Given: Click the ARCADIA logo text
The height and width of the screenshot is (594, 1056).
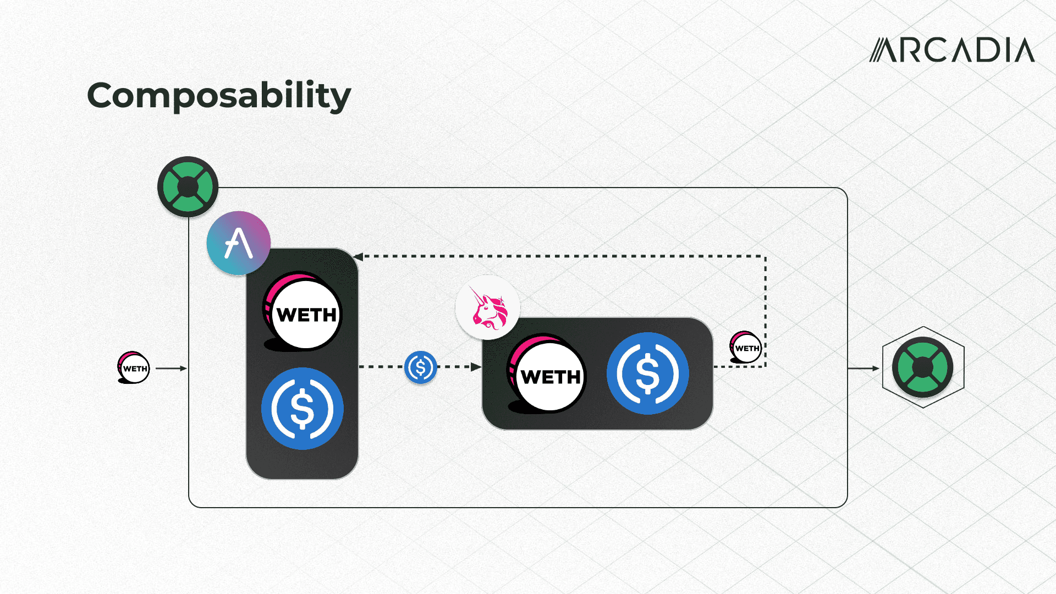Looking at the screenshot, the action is click(952, 50).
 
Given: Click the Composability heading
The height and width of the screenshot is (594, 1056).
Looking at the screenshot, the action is click(219, 96).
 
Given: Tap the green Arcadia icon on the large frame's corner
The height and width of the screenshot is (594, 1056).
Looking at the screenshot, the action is click(188, 187).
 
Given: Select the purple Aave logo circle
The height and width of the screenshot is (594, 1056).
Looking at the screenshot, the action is click(238, 243).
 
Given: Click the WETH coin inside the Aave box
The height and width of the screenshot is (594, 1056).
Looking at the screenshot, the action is click(303, 312).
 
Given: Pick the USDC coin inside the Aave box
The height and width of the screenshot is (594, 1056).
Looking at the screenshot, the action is click(302, 409).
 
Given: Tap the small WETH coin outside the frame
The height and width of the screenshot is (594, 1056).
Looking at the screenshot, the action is click(134, 367).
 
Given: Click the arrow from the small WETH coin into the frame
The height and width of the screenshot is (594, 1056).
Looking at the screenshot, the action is click(171, 368).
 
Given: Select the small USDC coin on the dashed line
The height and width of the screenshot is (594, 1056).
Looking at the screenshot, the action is click(421, 367).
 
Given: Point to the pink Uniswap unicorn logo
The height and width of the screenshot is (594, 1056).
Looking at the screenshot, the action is click(488, 309).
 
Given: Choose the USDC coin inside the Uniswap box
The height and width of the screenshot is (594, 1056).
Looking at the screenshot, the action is click(647, 373).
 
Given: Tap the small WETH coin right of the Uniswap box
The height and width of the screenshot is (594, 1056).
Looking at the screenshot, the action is click(746, 347).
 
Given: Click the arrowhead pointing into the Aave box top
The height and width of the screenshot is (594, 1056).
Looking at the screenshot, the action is click(358, 256).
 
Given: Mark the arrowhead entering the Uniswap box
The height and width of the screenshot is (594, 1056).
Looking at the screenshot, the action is click(476, 367).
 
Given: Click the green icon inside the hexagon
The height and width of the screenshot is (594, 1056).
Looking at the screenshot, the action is click(923, 367).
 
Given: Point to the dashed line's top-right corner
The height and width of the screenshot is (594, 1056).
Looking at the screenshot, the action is click(765, 256).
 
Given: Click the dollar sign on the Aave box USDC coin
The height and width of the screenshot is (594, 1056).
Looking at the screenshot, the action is click(302, 409).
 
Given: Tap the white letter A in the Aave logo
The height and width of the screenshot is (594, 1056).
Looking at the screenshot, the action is click(238, 244).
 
